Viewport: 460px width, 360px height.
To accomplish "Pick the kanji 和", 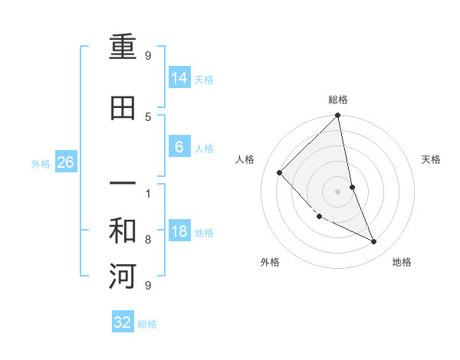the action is pyautogui.click(x=123, y=231).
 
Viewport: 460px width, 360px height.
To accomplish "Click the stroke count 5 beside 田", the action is pyautogui.click(x=147, y=116).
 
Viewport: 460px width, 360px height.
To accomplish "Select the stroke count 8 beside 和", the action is pyautogui.click(x=147, y=240).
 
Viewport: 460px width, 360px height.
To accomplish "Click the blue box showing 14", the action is pyautogui.click(x=179, y=78).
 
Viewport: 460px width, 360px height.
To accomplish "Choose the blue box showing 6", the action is pyautogui.click(x=179, y=147).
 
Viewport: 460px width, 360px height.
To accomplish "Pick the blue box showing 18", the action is pyautogui.click(x=179, y=231).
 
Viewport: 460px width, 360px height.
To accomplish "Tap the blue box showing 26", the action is pyautogui.click(x=66, y=162).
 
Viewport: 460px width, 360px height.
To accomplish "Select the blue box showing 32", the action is pyautogui.click(x=123, y=322).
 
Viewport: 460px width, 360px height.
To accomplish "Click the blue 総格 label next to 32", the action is pyautogui.click(x=147, y=324).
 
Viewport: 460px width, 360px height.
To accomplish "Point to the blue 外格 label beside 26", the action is pyautogui.click(x=41, y=163).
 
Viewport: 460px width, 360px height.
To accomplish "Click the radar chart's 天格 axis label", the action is pyautogui.click(x=432, y=159).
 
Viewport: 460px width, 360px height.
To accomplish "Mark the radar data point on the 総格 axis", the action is pyautogui.click(x=338, y=116).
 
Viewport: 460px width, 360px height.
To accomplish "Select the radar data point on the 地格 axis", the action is pyautogui.click(x=374, y=242).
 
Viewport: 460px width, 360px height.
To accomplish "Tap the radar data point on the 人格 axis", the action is pyautogui.click(x=280, y=172).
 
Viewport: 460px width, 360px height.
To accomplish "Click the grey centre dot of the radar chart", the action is pyautogui.click(x=338, y=191).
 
